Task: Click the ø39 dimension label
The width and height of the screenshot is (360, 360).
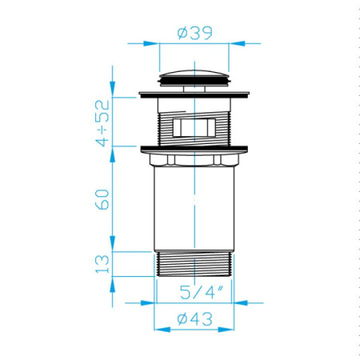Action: (195, 33)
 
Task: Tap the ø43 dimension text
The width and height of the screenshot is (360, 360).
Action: (195, 318)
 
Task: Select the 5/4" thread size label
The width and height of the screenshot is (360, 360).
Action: (202, 292)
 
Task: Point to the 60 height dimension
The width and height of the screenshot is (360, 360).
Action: (102, 199)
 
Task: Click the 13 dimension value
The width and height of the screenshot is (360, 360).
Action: (102, 264)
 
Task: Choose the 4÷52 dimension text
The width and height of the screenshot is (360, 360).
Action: (102, 123)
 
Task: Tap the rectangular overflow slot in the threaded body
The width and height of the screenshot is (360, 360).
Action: (194, 127)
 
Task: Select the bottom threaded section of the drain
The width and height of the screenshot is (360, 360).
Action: (194, 265)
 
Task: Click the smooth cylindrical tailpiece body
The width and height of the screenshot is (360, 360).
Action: (194, 209)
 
